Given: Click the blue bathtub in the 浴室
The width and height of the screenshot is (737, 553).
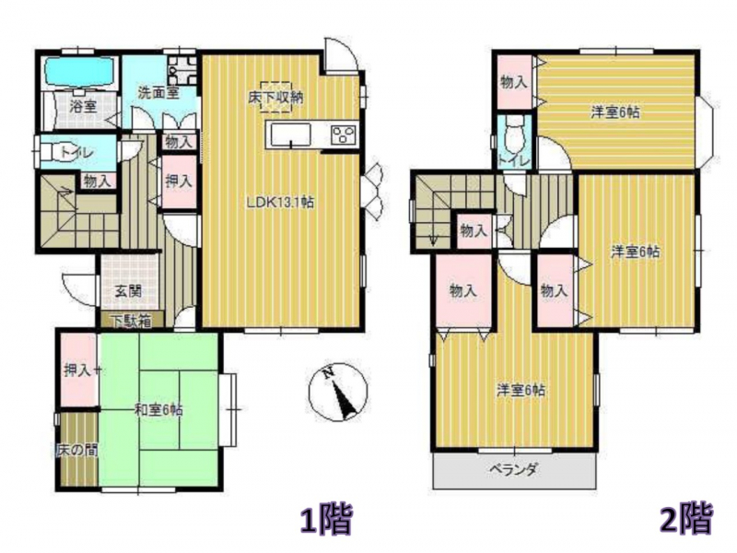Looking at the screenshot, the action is pyautogui.click(x=79, y=72).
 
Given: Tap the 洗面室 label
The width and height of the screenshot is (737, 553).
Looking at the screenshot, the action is pyautogui.click(x=158, y=92).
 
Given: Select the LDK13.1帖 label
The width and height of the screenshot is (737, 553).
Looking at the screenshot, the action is pyautogui.click(x=281, y=202).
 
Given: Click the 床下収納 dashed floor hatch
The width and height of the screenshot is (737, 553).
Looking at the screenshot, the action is pyautogui.click(x=277, y=97).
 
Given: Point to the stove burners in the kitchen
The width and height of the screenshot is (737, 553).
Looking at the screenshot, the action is pyautogui.click(x=344, y=135).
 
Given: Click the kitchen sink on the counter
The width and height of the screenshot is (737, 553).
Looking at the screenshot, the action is pyautogui.click(x=288, y=135).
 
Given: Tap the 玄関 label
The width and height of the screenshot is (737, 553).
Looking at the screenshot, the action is pyautogui.click(x=128, y=291).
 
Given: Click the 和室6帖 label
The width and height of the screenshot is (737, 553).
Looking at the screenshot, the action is pyautogui.click(x=158, y=409).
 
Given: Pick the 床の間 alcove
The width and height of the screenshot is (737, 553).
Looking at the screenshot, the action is pyautogui.click(x=78, y=449).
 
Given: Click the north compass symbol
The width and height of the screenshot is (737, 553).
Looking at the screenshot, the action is pyautogui.click(x=337, y=393).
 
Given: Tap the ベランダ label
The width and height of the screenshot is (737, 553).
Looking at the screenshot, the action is pyautogui.click(x=514, y=469).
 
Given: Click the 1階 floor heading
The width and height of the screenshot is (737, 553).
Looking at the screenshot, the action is pyautogui.click(x=327, y=519).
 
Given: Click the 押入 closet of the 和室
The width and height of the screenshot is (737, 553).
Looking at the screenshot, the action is pyautogui.click(x=78, y=370).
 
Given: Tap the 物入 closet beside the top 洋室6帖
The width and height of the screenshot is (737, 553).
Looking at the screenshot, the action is pyautogui.click(x=515, y=82).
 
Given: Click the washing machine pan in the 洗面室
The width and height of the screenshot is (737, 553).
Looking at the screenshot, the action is pyautogui.click(x=181, y=71).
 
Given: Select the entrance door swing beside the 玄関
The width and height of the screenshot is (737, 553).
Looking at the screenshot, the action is pyautogui.click(x=78, y=287).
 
